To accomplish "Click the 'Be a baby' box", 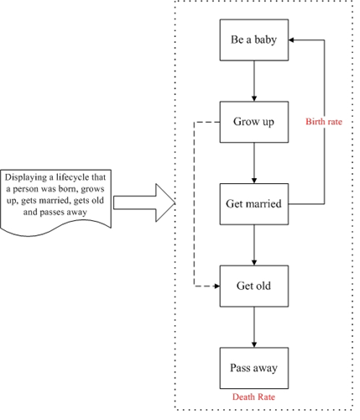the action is [x=254, y=39].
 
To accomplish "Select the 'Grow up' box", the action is [x=254, y=122].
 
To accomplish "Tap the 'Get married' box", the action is [x=254, y=204].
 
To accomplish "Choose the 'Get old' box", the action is [x=254, y=286].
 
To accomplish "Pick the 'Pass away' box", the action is [x=254, y=368].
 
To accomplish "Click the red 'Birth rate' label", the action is [x=324, y=122].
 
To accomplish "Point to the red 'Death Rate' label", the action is [x=253, y=396].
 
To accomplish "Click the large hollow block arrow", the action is [x=144, y=202].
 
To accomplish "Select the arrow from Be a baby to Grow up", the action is [x=254, y=81].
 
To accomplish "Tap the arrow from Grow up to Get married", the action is [x=254, y=163].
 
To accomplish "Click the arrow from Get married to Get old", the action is [x=254, y=245].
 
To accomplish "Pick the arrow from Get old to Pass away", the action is [x=254, y=327].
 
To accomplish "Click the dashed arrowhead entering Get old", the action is [x=217, y=286].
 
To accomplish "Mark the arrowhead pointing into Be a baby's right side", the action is [x=291, y=40].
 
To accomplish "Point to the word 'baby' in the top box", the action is [x=265, y=40].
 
